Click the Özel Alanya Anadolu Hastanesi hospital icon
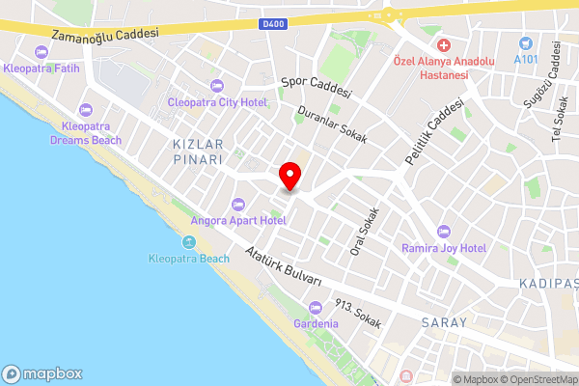[444, 45]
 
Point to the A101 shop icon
[525, 43]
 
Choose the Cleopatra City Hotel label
[217, 100]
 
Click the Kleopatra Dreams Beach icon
[85, 109]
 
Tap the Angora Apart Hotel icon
[238, 204]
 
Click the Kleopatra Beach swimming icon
[189, 242]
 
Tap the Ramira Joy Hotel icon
[444, 231]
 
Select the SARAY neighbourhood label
[445, 322]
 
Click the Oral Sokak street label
[364, 233]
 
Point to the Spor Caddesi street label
[315, 89]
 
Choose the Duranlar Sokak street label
[332, 126]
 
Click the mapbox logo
[43, 373]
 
